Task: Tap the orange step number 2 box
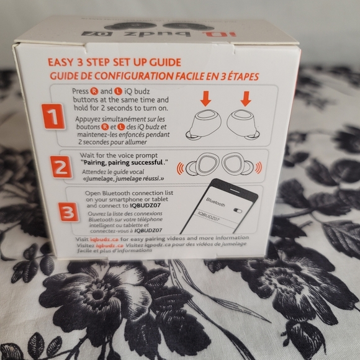tap(60, 167)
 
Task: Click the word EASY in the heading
tap(62, 63)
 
